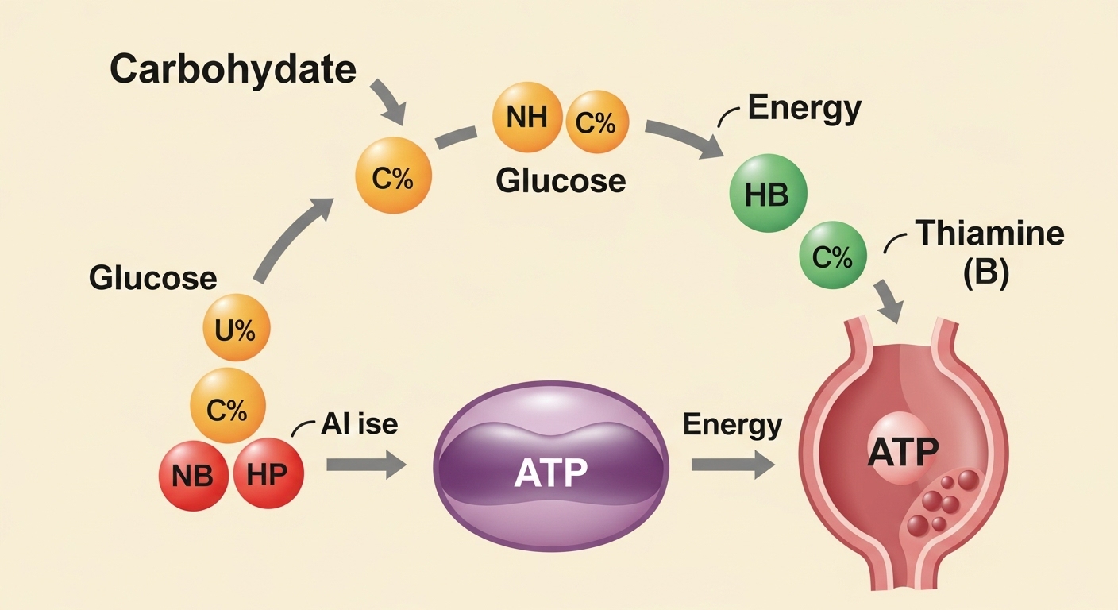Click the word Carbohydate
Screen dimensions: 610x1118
pyautogui.click(x=232, y=69)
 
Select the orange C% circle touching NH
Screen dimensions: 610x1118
pyautogui.click(x=596, y=123)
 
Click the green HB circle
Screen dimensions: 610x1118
pyautogui.click(x=768, y=195)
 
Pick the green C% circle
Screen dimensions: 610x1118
pyautogui.click(x=832, y=257)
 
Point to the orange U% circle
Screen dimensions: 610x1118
pyautogui.click(x=237, y=329)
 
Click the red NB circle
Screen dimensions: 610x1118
pyautogui.click(x=193, y=474)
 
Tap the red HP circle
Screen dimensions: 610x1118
pyautogui.click(x=267, y=474)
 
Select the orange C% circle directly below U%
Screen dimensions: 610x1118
pyautogui.click(x=227, y=409)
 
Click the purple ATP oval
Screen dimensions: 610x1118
pyautogui.click(x=550, y=465)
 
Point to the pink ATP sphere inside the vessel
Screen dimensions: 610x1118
pyautogui.click(x=903, y=453)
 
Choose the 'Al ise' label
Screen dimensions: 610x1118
pyautogui.click(x=359, y=423)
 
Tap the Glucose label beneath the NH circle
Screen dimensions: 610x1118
pyautogui.click(x=561, y=181)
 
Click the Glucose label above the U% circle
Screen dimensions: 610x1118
pyautogui.click(x=152, y=278)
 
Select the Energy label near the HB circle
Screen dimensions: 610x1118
pyautogui.click(x=804, y=110)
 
